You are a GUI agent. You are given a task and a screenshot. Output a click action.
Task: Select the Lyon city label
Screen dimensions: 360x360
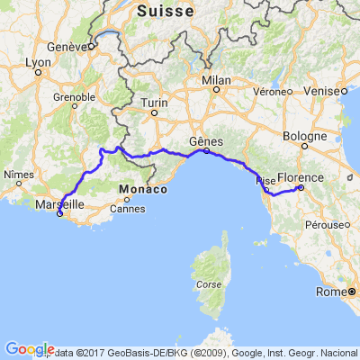pos(38,62)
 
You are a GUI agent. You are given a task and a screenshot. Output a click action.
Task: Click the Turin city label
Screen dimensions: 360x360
pos(154,103)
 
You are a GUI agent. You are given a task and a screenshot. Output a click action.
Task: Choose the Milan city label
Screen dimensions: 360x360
pos(216,80)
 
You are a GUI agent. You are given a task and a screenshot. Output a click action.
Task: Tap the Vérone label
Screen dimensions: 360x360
pos(271,91)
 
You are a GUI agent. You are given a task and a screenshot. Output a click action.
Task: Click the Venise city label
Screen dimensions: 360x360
pos(329,91)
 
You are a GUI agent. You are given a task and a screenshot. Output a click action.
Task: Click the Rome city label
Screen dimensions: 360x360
pos(330,292)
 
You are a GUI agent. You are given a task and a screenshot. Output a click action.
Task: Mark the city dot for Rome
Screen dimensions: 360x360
pos(352,292)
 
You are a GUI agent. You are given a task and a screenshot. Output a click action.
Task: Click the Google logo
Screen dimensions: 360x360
pos(28,349)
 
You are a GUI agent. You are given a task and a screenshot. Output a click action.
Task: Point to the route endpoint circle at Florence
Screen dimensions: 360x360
pos(300,188)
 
